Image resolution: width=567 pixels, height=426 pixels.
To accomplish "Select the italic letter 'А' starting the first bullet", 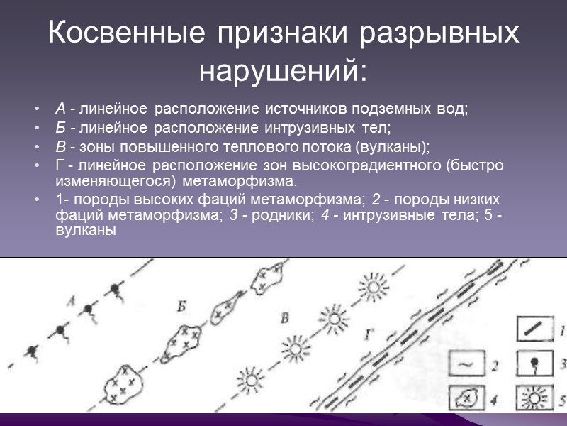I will pyautogui.click(x=60, y=109).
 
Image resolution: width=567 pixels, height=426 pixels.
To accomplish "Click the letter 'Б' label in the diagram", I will pyautogui.click(x=182, y=307).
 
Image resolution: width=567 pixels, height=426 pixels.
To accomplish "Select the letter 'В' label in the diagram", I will pyautogui.click(x=284, y=319).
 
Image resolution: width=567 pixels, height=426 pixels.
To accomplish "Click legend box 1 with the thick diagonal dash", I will pyautogui.click(x=532, y=332).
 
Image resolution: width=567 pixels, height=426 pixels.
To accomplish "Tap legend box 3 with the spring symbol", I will pyautogui.click(x=532, y=366).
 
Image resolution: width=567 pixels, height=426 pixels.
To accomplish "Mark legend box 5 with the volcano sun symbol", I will pyautogui.click(x=532, y=398).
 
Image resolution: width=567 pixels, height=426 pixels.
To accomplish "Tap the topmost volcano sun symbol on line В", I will pyautogui.click(x=372, y=288).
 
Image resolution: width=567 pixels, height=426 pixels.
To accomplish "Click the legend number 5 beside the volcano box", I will pyautogui.click(x=560, y=398).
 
